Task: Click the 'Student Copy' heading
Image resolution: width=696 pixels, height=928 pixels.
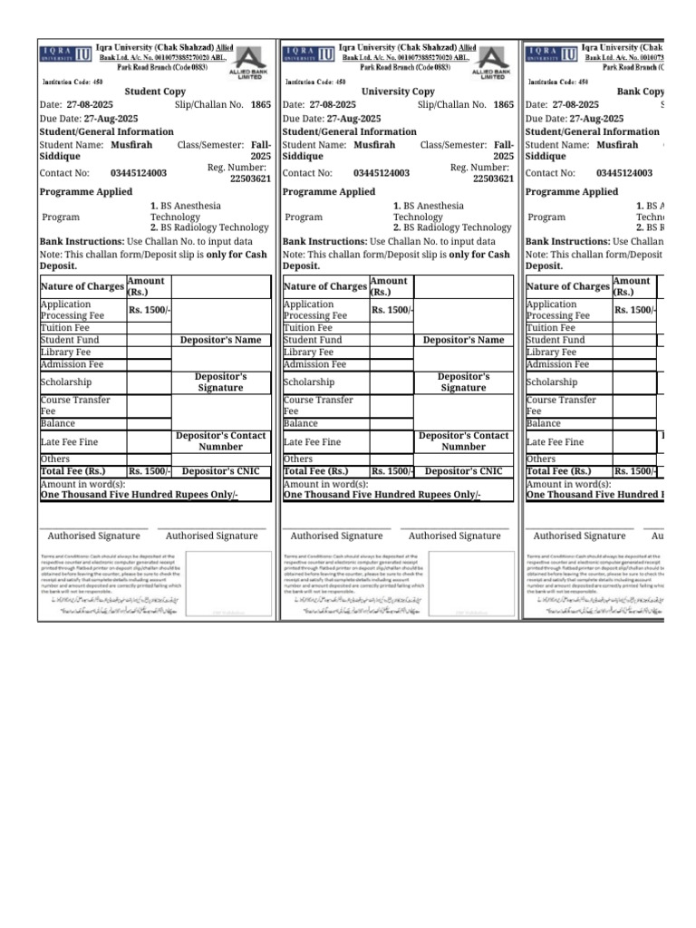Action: pyautogui.click(x=156, y=92)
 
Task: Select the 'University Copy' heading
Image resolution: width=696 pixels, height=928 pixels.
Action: pyautogui.click(x=398, y=92)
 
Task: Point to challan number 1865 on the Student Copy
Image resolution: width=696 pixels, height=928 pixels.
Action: pyautogui.click(x=261, y=105)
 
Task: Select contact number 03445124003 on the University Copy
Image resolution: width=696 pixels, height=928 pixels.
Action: pyautogui.click(x=382, y=173)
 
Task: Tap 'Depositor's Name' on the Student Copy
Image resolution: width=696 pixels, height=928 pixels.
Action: pyautogui.click(x=220, y=340)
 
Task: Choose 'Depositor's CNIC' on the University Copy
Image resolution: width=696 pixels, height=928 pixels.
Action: pyautogui.click(x=463, y=471)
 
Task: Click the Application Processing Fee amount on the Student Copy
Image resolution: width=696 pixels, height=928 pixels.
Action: pyautogui.click(x=149, y=310)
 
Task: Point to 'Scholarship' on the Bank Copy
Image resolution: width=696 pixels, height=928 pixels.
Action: pyautogui.click(x=551, y=382)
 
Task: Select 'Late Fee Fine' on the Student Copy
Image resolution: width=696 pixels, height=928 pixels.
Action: pyautogui.click(x=70, y=441)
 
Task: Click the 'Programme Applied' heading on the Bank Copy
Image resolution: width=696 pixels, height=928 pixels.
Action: pyautogui.click(x=571, y=192)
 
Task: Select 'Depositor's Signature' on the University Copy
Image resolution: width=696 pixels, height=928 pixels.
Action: pyautogui.click(x=463, y=382)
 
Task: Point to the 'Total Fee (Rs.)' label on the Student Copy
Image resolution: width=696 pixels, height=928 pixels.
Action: pyautogui.click(x=73, y=471)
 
